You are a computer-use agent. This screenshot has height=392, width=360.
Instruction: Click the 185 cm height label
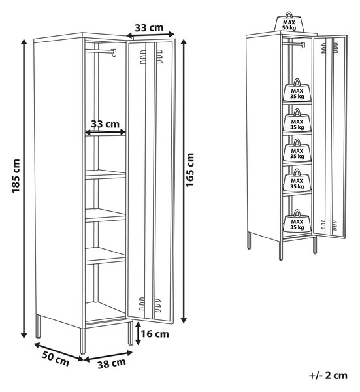click(16, 176)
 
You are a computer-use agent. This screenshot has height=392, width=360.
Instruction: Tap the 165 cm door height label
click(190, 170)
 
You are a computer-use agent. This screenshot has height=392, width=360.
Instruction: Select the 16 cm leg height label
click(155, 334)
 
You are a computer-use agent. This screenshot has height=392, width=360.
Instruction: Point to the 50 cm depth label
click(56, 359)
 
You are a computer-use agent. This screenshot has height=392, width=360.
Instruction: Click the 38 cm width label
click(112, 363)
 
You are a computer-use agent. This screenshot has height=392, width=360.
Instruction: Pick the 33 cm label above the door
click(149, 27)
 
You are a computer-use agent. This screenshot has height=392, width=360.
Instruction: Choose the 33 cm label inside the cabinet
click(105, 123)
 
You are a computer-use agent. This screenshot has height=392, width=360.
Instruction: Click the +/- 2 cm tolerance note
click(328, 375)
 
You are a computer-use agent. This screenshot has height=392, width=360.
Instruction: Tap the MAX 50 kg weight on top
click(289, 22)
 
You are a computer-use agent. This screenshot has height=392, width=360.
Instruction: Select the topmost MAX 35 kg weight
click(297, 90)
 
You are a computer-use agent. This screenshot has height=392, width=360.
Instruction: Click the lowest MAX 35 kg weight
click(297, 221)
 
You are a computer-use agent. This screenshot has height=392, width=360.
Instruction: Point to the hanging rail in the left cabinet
click(101, 52)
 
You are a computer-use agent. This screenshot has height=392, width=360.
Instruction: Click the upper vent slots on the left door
click(151, 57)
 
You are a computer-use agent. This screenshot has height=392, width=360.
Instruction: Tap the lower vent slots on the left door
click(150, 304)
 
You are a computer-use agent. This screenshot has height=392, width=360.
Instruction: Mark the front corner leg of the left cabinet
click(83, 341)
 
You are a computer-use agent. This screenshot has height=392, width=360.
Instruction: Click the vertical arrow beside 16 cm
click(137, 333)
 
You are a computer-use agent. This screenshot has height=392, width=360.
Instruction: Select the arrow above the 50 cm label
click(59, 352)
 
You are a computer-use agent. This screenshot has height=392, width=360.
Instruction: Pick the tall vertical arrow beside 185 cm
click(24, 189)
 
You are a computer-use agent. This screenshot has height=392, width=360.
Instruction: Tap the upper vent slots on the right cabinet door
click(329, 48)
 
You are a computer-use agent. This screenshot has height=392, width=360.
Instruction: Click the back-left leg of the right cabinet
click(249, 240)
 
